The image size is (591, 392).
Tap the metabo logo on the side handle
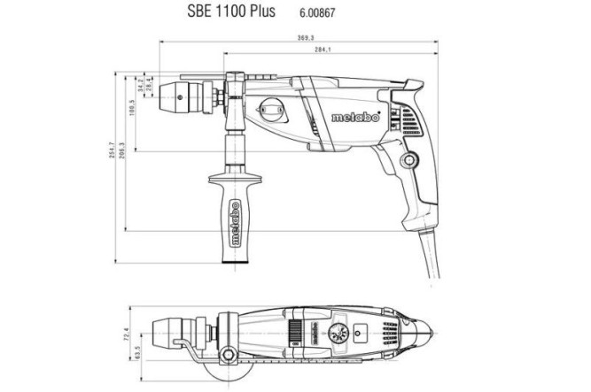235,225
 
